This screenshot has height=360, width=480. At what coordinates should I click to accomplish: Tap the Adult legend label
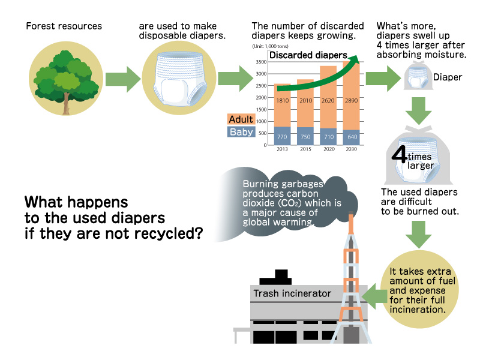pyautogui.click(x=241, y=119)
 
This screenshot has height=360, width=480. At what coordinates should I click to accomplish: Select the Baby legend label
pyautogui.click(x=241, y=132)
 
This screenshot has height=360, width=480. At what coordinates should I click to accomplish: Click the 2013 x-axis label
pyautogui.click(x=282, y=148)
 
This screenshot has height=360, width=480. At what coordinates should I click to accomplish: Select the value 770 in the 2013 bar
pyautogui.click(x=282, y=137)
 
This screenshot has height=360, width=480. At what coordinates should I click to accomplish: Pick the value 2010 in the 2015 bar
pyautogui.click(x=305, y=100)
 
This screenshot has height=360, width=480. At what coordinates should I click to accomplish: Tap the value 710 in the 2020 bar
pyautogui.click(x=328, y=137)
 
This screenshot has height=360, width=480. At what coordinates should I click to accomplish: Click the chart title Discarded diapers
pyautogui.click(x=300, y=55)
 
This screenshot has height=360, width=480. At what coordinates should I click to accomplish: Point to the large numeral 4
pyautogui.click(x=400, y=155)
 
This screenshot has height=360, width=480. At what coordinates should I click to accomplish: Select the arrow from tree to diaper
pyautogui.click(x=122, y=79)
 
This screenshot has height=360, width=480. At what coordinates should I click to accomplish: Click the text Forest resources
pyautogui.click(x=64, y=26)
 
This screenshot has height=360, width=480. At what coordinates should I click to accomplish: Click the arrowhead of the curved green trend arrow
pyautogui.click(x=355, y=59)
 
